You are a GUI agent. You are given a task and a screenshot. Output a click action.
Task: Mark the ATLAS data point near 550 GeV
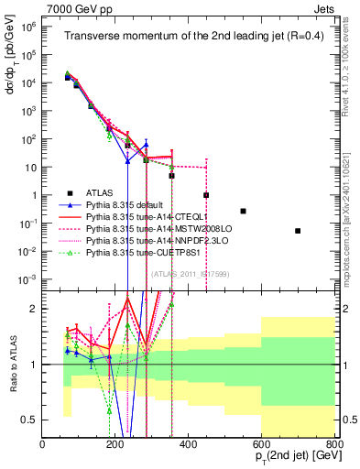click(243, 211)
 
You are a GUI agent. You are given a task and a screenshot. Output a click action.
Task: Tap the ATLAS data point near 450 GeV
click(206, 195)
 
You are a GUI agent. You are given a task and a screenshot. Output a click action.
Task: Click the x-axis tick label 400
click(189, 445)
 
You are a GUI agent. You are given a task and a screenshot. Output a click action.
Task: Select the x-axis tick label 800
click(334, 445)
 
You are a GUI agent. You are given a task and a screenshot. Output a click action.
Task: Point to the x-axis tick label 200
click(115, 445)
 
